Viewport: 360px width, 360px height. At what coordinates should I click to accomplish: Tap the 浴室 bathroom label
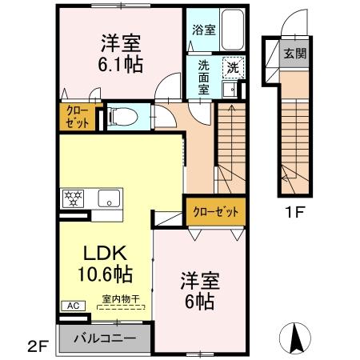coord(202,31)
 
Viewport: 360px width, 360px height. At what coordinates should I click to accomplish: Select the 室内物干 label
coord(120,299)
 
